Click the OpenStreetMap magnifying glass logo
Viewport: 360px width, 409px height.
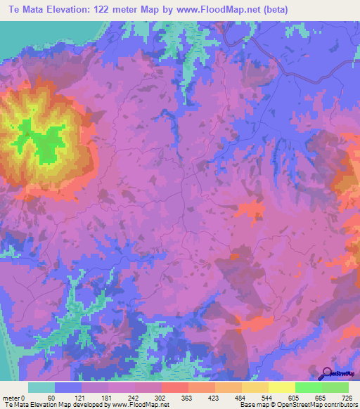[x=328, y=375]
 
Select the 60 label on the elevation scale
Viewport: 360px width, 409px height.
[x=50, y=397]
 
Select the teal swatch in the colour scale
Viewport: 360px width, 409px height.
[x=41, y=387]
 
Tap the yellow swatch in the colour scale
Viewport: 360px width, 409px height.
[x=281, y=387]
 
